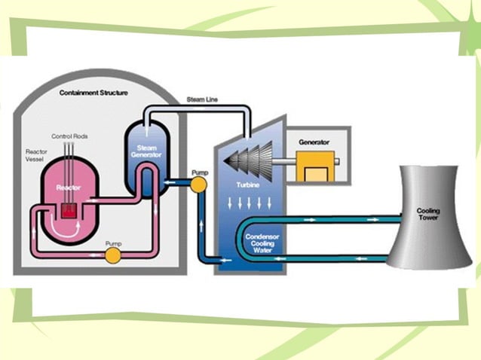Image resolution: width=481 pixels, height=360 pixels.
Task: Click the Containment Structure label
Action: (93, 93)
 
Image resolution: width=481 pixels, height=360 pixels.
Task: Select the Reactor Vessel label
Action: (36, 156)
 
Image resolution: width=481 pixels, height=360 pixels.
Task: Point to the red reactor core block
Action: (69, 212)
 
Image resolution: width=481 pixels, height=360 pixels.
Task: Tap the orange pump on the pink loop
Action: (112, 256)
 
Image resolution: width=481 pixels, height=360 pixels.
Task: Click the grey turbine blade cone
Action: (250, 161)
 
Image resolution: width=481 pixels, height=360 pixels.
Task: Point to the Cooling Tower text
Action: (428, 215)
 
